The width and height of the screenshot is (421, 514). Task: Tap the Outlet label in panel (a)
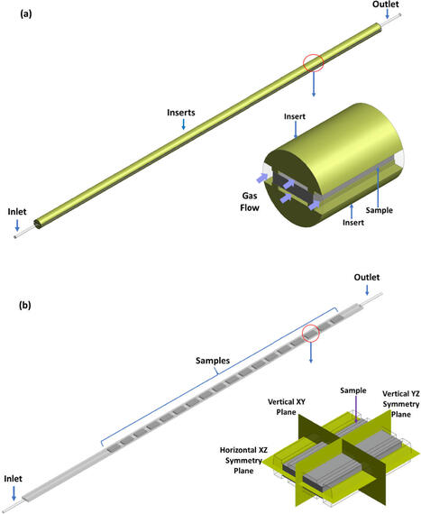pos(387,5)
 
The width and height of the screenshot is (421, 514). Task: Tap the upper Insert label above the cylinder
pos(295,117)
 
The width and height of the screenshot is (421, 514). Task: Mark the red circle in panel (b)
pos(311,333)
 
